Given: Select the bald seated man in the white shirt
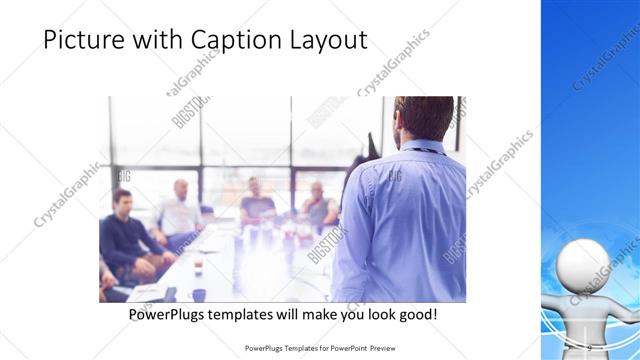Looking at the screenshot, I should coord(180,208).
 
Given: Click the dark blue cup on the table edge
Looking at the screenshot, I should coord(198,294).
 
